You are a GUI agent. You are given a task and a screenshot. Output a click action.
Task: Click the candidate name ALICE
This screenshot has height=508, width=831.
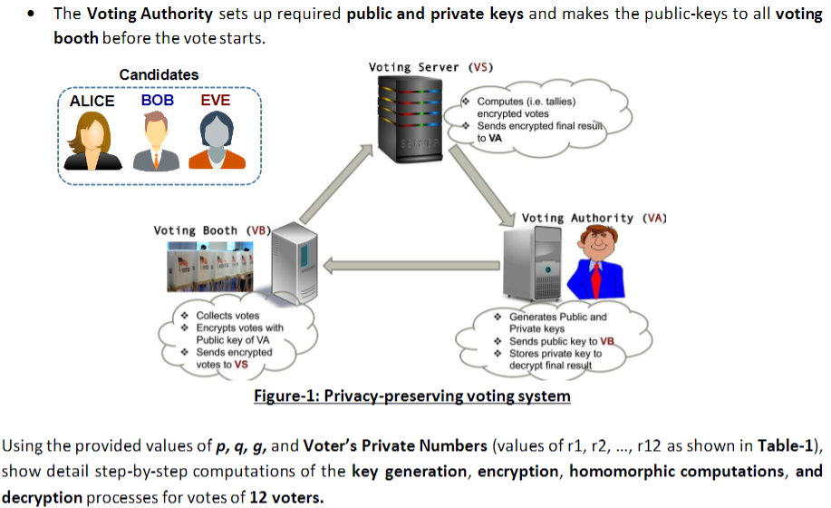pos(92,102)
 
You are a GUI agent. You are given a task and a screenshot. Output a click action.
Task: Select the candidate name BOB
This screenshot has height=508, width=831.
pos(157,101)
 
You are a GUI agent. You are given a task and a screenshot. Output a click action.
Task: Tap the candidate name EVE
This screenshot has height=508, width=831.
pos(216,101)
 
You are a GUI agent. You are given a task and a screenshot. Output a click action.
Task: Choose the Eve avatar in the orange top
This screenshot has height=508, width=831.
pos(217,142)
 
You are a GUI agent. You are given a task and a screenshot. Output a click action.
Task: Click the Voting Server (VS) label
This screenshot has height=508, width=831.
pos(430,67)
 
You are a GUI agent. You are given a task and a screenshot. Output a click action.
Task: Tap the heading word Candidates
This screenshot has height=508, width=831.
pos(159,74)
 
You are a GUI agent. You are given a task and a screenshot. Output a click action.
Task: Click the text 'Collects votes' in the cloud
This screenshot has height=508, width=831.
pos(227,316)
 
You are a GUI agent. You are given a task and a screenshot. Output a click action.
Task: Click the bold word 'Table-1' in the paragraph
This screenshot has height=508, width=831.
pos(787,445)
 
